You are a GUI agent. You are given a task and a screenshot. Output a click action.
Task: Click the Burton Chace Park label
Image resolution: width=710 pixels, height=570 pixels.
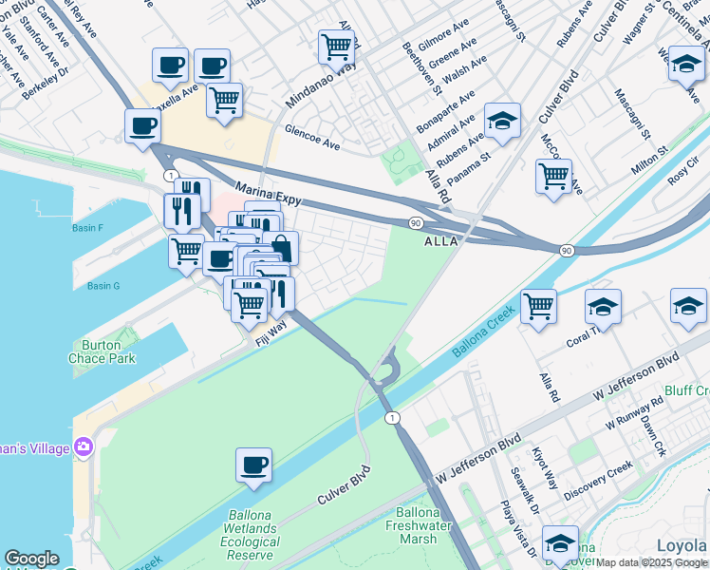pos(102,351)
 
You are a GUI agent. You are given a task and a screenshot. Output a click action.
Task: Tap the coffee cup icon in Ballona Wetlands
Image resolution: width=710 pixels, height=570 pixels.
pos(253,465)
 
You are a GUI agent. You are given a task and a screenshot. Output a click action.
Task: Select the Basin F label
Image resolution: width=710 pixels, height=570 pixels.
pos(87,228)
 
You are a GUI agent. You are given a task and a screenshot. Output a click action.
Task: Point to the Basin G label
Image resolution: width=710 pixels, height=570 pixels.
pos(103,286)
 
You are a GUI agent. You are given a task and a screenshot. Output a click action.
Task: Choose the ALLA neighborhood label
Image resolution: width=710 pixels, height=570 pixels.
pos(440,241)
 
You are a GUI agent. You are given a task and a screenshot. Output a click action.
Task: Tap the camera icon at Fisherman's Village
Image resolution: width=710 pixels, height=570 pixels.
pos(84,446)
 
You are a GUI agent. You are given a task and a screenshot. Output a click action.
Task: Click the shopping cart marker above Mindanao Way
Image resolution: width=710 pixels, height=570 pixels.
pos(337,46)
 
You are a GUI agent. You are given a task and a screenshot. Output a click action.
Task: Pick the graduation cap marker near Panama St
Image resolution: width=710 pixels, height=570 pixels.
pos(502,121)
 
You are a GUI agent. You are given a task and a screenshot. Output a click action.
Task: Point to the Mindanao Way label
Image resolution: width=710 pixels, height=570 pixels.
pos(320,86)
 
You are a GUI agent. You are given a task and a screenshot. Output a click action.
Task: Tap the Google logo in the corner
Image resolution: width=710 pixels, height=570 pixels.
pos(31,559)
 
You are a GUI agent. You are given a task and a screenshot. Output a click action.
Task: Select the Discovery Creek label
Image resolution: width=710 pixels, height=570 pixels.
pos(598,481)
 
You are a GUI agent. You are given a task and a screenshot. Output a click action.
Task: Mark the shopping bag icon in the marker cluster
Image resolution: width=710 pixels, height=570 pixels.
pos(281,248)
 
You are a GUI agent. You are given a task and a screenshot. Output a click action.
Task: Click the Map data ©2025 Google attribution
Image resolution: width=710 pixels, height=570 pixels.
pos(651,562)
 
